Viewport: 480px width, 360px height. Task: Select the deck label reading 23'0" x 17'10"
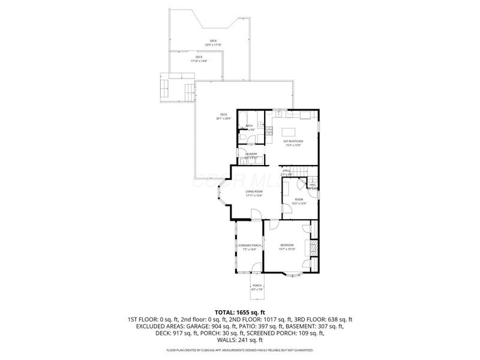tap(213, 43)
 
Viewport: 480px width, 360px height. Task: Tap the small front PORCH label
tap(256, 286)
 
